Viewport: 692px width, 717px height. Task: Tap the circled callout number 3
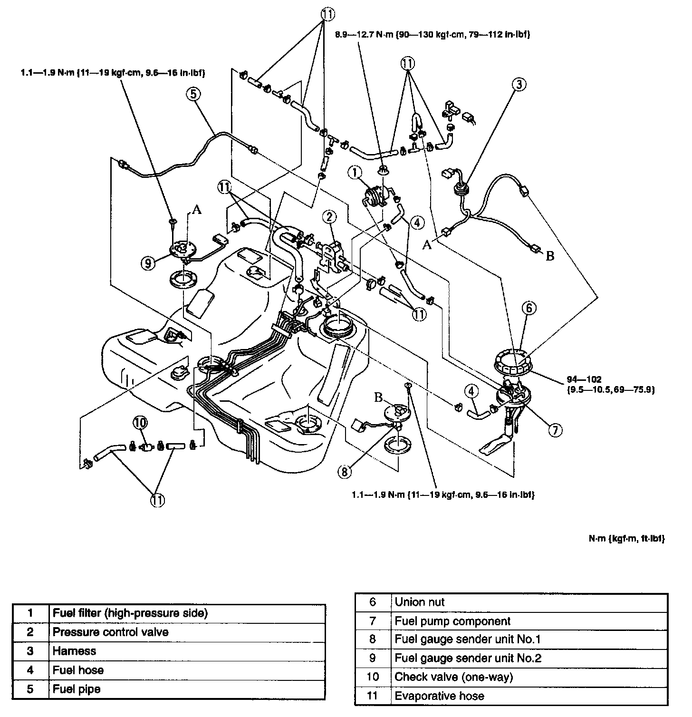point(519,85)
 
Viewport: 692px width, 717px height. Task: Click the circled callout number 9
point(148,262)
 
